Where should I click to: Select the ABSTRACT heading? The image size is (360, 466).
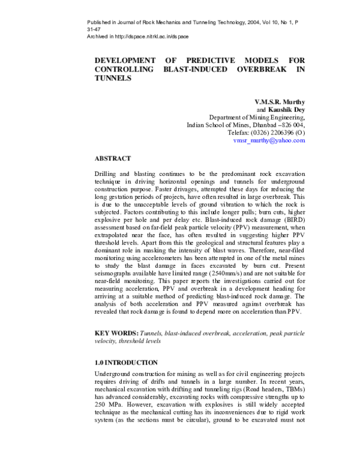[113, 159]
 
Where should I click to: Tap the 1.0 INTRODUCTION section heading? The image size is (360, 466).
[126, 363]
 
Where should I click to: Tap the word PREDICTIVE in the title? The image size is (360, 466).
[204, 61]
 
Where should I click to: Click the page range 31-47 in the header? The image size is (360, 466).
[95, 29]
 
